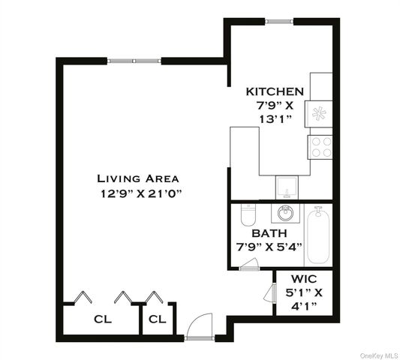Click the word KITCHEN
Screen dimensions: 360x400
point(275,91)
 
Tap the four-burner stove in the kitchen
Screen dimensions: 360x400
point(321,145)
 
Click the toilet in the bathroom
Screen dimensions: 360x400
point(245,216)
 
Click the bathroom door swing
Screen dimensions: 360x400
point(250,263)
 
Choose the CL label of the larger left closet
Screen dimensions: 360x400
point(102,319)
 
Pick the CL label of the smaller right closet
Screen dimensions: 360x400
point(157,319)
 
